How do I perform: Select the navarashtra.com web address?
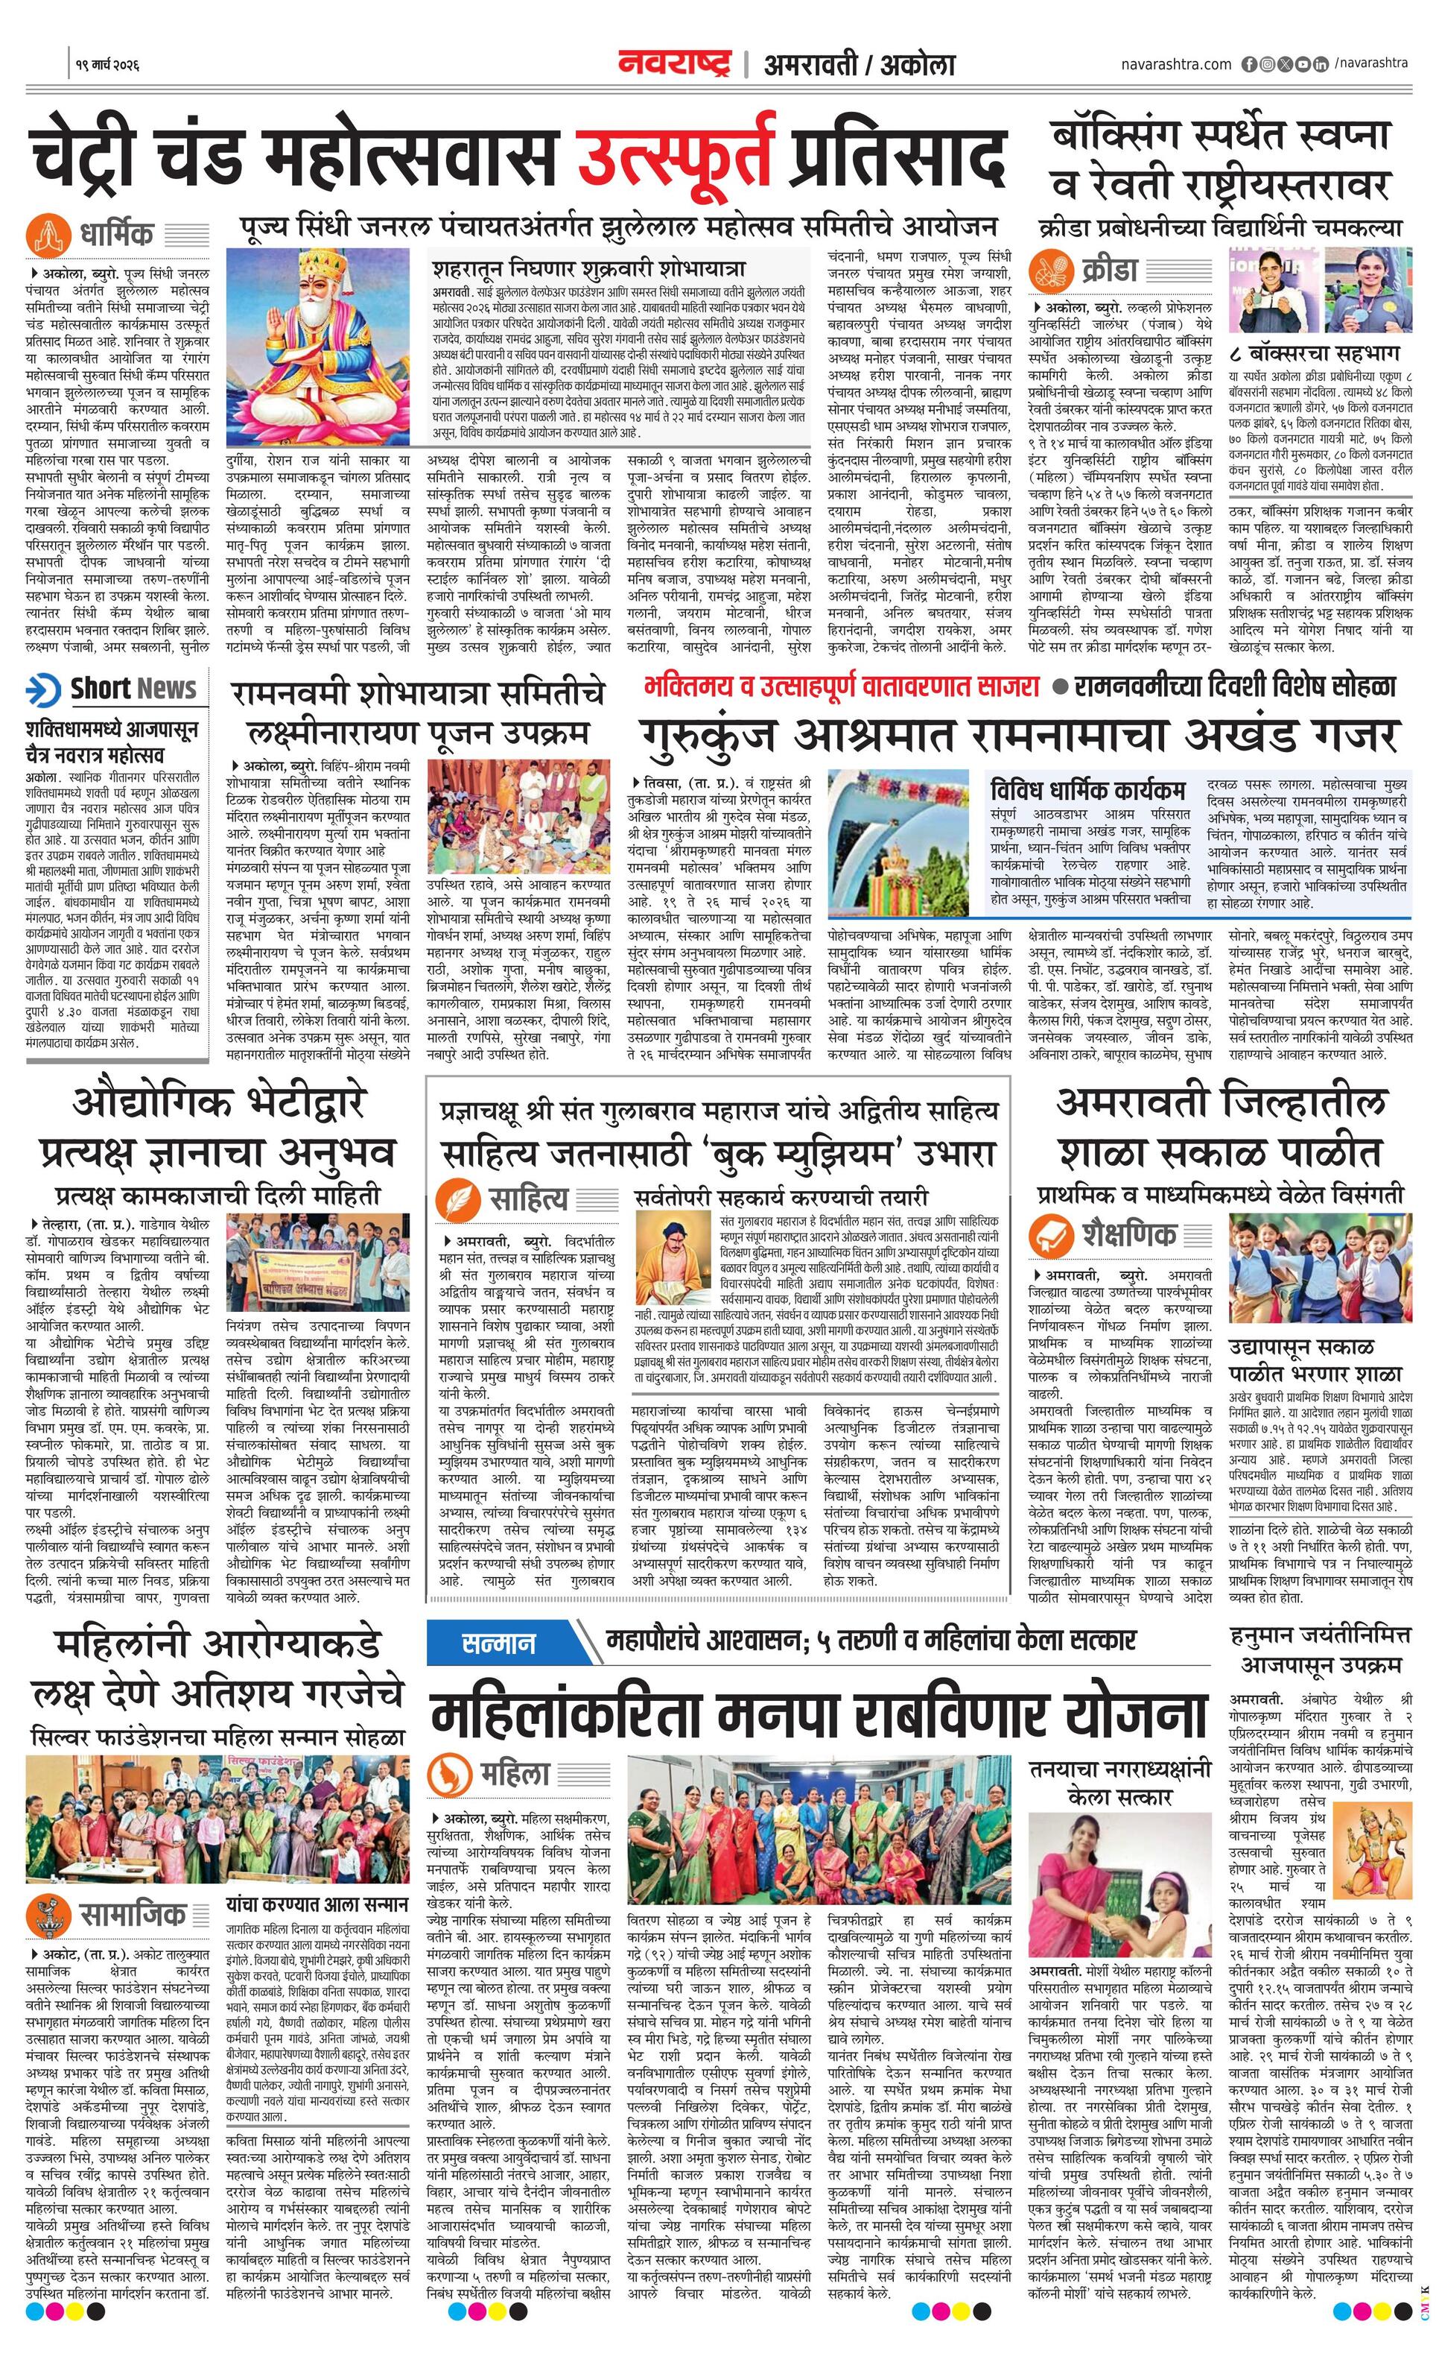(x=1176, y=64)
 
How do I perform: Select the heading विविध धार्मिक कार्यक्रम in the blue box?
(x=1088, y=790)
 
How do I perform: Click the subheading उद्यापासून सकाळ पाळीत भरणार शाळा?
(x=1316, y=1360)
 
